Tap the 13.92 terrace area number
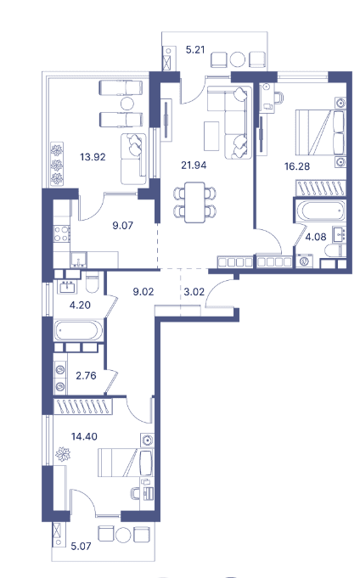pos(93,156)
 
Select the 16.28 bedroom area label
pos(297,166)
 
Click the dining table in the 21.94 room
pos(194,200)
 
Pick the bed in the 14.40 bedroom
pos(124,463)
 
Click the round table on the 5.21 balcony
pos(239,59)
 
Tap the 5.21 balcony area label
pos(195,50)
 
